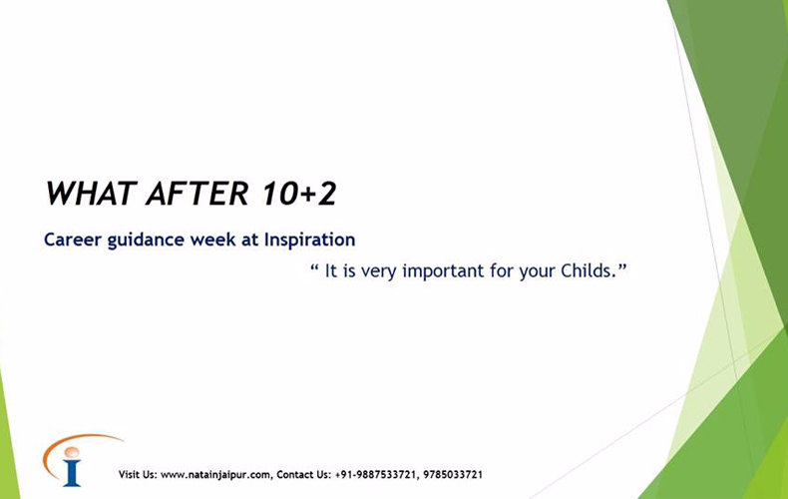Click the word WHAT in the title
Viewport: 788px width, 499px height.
92,194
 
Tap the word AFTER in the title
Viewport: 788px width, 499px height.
197,194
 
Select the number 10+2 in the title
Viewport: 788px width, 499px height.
299,194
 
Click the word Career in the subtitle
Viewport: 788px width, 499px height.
73,240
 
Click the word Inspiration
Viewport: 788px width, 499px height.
309,240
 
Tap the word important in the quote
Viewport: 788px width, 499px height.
443,271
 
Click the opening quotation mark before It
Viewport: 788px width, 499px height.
314,266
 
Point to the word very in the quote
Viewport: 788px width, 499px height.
379,272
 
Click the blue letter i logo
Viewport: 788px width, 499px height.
72,466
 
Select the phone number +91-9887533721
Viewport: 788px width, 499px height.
375,474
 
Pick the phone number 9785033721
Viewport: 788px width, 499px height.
453,474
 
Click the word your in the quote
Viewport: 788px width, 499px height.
537,272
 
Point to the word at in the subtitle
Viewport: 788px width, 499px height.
249,240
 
